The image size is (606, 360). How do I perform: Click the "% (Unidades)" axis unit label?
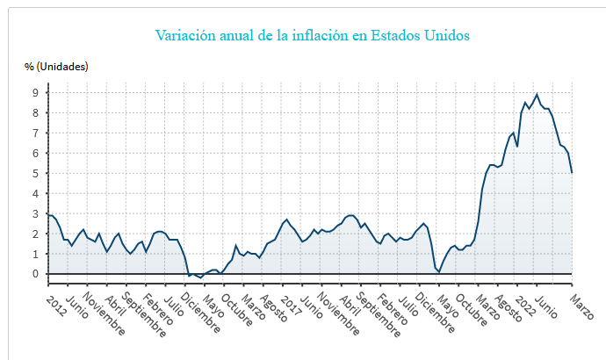point(56,66)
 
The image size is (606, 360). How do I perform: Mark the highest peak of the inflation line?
point(537,94)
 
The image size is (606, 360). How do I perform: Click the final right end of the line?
point(573,172)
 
